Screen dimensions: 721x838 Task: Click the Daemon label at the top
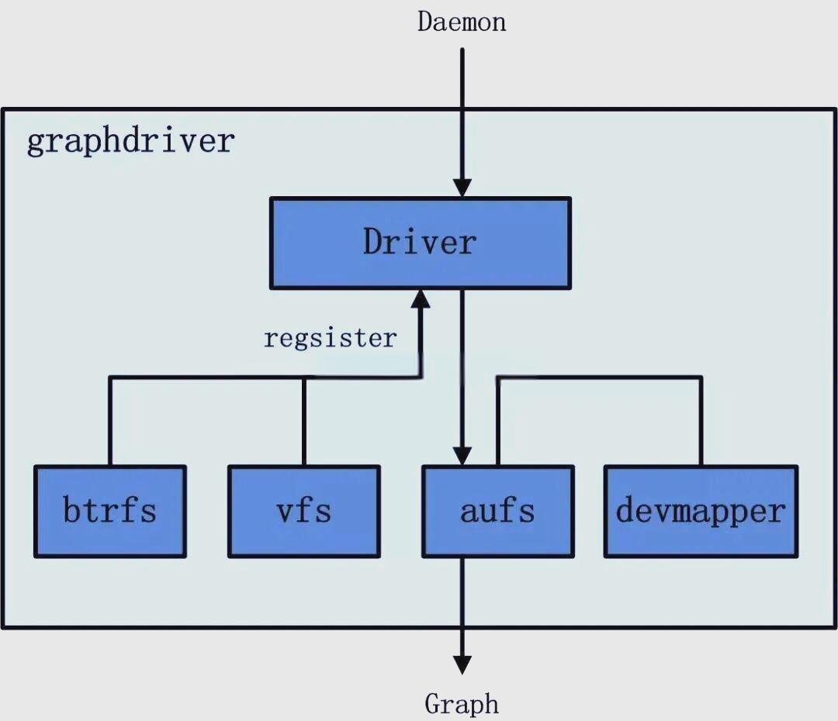point(462,21)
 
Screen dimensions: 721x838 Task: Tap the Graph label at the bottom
point(462,704)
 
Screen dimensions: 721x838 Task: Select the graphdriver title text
point(130,142)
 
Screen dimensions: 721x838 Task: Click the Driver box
point(420,243)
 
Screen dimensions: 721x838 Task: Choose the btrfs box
point(110,511)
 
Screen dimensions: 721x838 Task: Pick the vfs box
point(303,511)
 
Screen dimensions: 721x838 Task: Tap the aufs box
point(497,511)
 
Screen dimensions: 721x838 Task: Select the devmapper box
point(701,511)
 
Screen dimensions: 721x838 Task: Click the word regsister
point(330,339)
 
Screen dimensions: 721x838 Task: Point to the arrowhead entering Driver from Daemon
point(462,188)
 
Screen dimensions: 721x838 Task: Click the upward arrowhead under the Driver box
point(421,299)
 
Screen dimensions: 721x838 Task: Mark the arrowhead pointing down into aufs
point(462,455)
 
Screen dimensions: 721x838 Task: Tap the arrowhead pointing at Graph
point(462,664)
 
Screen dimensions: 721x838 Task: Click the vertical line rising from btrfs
point(110,423)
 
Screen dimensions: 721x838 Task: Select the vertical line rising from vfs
point(303,423)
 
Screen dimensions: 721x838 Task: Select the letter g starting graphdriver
point(36,143)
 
